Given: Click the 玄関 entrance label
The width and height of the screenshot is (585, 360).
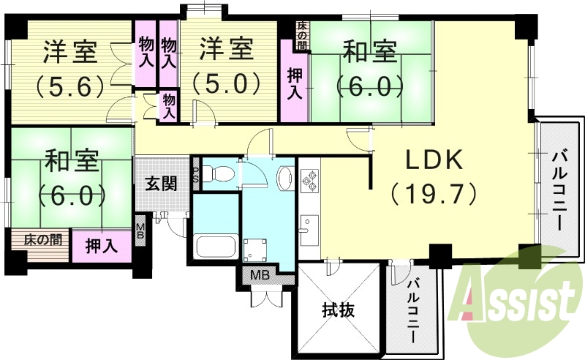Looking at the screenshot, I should pyautogui.click(x=159, y=183).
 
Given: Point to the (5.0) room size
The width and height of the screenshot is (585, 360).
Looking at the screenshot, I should pyautogui.click(x=227, y=83).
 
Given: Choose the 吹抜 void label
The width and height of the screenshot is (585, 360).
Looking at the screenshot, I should pyautogui.click(x=339, y=310).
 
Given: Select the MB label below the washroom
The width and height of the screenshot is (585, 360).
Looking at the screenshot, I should pyautogui.click(x=260, y=276).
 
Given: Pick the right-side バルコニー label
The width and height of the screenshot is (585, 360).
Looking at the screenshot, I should pyautogui.click(x=561, y=190).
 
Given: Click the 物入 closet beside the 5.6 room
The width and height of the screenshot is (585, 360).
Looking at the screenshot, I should pyautogui.click(x=145, y=53).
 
